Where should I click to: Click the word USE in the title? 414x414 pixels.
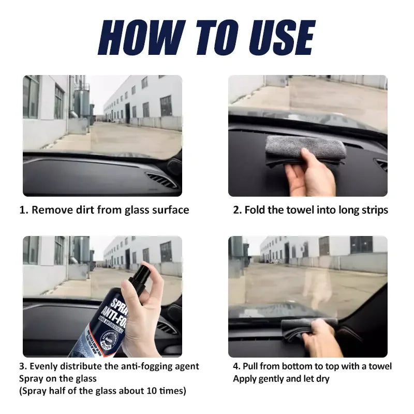tap(279, 38)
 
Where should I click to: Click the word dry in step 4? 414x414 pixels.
tap(320, 379)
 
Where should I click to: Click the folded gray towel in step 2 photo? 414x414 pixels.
tap(305, 147)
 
